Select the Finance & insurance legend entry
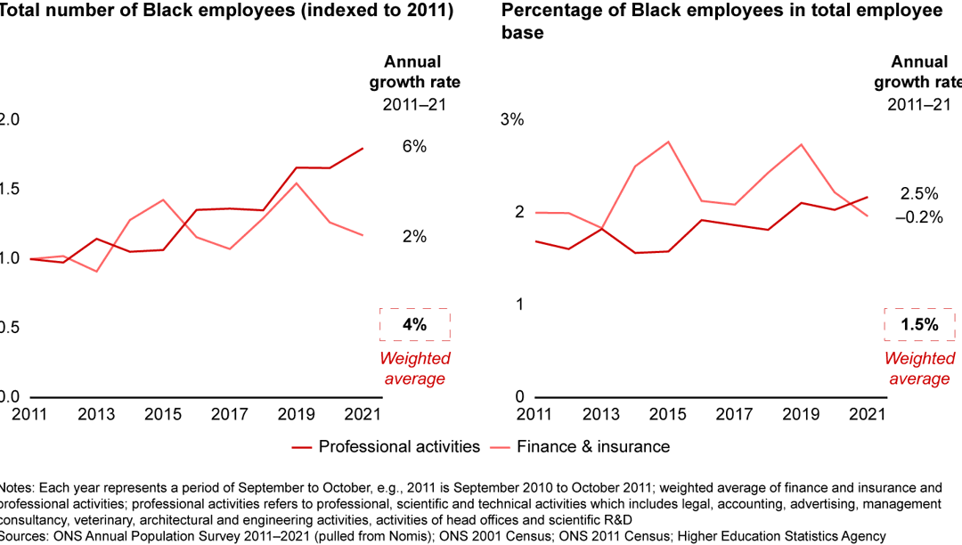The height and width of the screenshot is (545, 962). point(592,446)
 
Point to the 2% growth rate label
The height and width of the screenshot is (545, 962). point(414,237)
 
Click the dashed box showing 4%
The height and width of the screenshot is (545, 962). point(414,325)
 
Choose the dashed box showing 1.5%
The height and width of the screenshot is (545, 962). point(919,325)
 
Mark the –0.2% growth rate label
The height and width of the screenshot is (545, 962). point(919,217)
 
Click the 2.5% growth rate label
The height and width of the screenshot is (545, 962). point(919,194)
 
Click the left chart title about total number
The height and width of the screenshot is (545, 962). point(227,12)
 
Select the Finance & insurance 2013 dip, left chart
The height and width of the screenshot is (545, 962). point(96,271)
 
